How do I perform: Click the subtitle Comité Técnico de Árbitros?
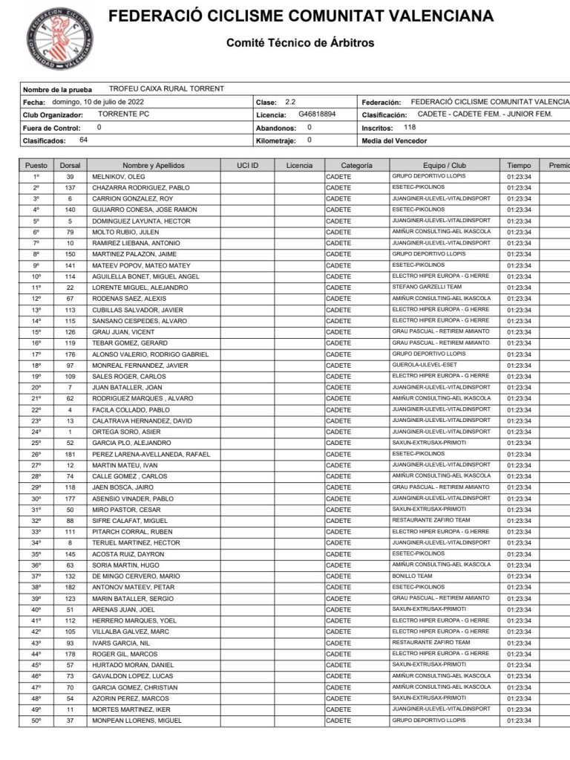[300, 43]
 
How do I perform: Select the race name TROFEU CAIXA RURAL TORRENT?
[166, 89]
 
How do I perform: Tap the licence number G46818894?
[317, 115]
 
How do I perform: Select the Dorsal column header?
[70, 166]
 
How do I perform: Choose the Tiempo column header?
[519, 166]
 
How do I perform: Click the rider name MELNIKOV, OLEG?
[118, 177]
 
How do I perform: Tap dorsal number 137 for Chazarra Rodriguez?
[70, 188]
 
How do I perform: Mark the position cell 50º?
[36, 721]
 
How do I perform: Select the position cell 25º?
[36, 443]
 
